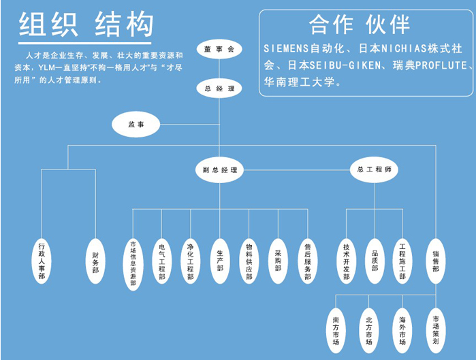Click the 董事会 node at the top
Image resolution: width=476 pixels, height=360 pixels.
pos(219,50)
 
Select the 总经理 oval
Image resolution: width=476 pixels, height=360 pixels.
pos(219,88)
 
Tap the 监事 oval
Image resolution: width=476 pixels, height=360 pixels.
pos(136,124)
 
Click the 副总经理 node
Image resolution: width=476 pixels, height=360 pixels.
pos(219,169)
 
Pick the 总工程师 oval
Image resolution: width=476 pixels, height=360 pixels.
pos(373,169)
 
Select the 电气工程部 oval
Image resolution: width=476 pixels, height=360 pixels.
pos(161,259)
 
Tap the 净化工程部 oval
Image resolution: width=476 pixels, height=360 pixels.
pos(190,259)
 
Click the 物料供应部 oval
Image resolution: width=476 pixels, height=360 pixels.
pos(249,259)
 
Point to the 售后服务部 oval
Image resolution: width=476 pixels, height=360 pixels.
pos(308,259)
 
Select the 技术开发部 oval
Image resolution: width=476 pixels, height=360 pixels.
pos(346,259)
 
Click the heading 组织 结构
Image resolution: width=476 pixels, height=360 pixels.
pos(86,26)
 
